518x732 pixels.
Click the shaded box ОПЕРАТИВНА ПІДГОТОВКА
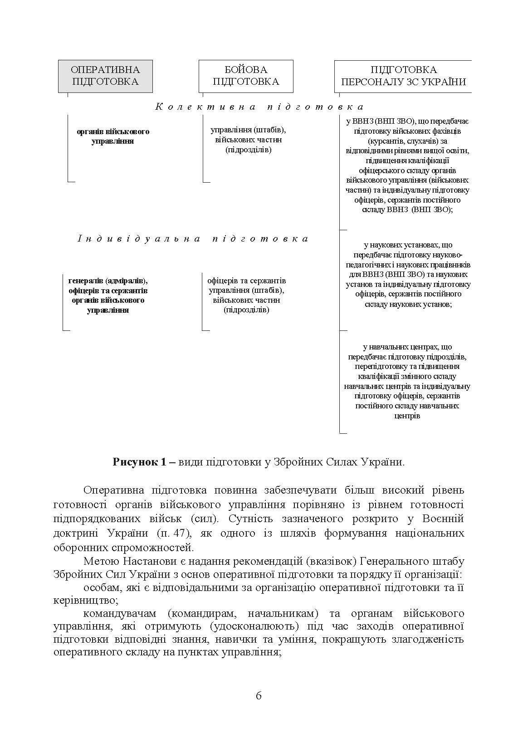pos(105,76)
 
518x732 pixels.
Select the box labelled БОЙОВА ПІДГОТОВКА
pos(245,76)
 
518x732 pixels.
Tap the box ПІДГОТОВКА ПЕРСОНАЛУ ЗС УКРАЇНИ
pos(403,76)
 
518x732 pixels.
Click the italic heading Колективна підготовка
pos(259,107)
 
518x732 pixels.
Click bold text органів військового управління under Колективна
pos(113,136)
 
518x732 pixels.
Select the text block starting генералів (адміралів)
pos(108,296)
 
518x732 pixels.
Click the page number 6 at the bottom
pos(259,696)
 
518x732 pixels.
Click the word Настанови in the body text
pos(147,562)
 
